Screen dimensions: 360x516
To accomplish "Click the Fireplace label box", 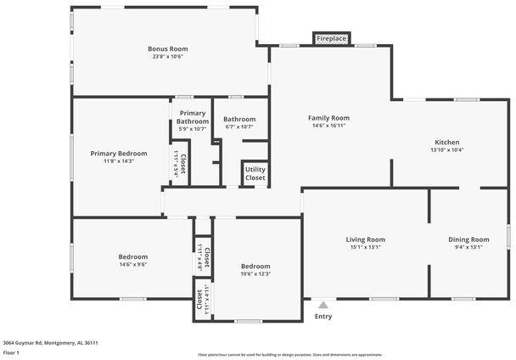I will (330, 39).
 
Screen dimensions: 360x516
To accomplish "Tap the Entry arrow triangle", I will (322, 304).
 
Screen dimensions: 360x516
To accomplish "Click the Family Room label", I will (328, 118).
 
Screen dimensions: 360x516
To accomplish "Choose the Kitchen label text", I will (447, 142).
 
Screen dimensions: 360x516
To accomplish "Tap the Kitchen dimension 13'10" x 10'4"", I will (447, 150).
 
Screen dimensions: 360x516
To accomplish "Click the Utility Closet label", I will (255, 174).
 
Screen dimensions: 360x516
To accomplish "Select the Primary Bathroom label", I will (192, 117).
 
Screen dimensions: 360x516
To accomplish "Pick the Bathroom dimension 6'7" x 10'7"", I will (239, 127).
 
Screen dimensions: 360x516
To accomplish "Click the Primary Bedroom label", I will (119, 154).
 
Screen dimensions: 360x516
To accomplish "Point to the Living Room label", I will (365, 239).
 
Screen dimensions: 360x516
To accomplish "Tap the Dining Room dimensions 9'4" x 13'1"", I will (468, 248).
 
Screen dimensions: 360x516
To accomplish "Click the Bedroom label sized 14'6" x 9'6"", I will (132, 256).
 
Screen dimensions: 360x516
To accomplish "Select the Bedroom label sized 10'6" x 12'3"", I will (255, 266).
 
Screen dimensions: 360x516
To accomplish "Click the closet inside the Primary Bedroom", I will (180, 159).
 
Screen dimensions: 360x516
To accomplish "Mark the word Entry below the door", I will (322, 317).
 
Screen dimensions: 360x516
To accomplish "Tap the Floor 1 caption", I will (11, 352).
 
